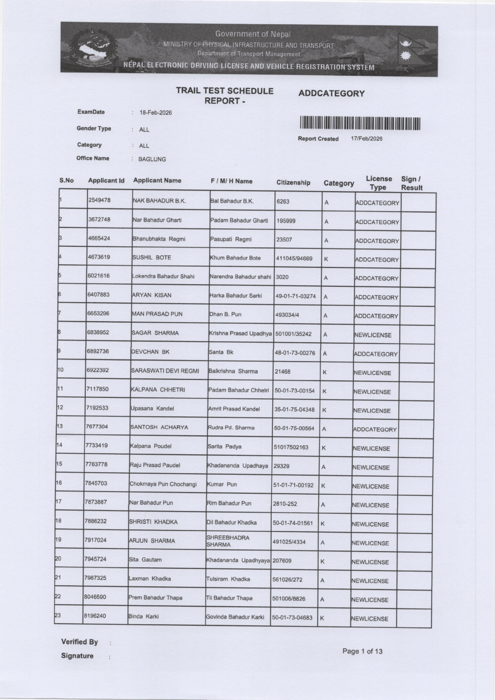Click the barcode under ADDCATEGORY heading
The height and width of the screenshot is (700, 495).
pos(360,124)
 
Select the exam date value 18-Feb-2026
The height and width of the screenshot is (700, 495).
pos(155,113)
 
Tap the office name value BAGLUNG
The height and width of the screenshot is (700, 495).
pos(152,159)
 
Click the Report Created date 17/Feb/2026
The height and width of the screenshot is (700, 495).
pos(367,138)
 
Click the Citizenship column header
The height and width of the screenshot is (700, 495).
pos(293,183)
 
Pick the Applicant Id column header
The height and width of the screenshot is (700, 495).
pos(106,181)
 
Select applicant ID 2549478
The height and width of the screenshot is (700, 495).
pos(100,201)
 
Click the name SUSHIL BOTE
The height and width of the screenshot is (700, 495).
pos(152,258)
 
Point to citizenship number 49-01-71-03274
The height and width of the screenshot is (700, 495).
pos(295,296)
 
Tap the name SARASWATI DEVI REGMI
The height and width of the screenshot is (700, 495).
pos(165,371)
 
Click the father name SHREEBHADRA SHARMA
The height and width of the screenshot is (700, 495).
pos(227,541)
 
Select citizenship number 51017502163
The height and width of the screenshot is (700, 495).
pos(291,447)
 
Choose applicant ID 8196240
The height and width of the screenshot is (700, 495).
pos(95,616)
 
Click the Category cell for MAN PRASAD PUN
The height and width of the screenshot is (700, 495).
pos(325,316)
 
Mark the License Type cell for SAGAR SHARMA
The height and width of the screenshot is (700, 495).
pos(373,335)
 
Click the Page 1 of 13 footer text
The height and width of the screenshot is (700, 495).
pos(362,651)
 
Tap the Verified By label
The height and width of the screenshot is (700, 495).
pos(80,642)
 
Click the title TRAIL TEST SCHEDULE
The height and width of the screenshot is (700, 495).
pos(225,91)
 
